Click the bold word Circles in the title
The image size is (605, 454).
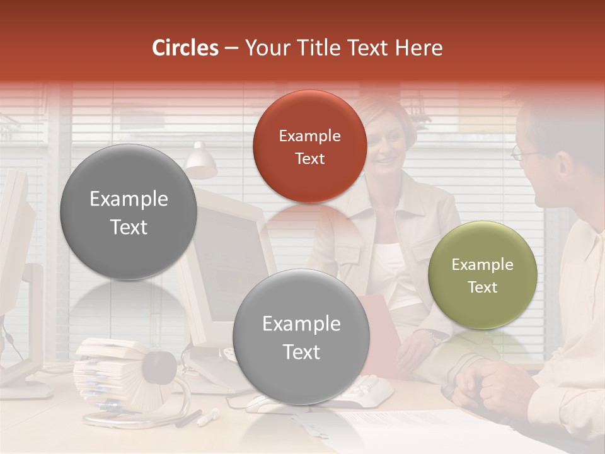tap(185, 48)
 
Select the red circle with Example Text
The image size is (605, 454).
tap(309, 147)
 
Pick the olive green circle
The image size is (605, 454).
tap(483, 276)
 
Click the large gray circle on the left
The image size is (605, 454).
tap(129, 212)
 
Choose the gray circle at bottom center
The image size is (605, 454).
tap(301, 337)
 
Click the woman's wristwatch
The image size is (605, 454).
tap(435, 337)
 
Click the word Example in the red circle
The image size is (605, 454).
tap(309, 136)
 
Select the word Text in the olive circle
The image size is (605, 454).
tap(483, 288)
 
